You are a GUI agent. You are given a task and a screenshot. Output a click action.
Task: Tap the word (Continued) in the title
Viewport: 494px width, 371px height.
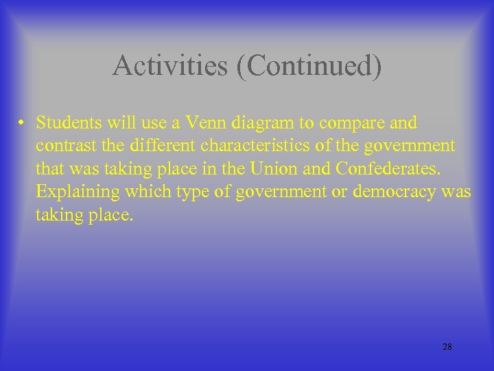point(309,66)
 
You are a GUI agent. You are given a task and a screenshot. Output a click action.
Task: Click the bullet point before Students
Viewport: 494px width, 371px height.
point(23,124)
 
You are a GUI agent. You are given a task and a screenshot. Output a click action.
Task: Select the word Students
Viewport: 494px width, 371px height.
point(67,123)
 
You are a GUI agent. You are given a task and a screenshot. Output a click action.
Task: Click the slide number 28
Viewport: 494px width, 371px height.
point(447,347)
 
